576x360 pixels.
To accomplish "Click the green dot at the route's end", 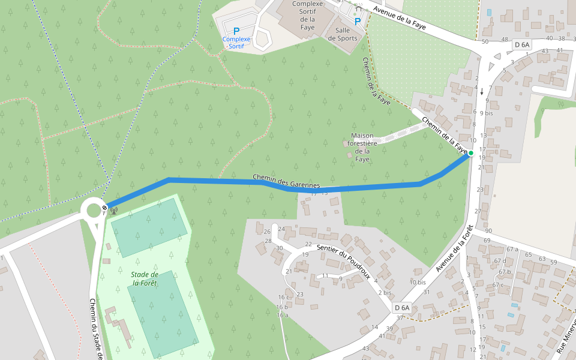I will (471, 154).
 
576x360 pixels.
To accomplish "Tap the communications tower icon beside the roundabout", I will (113, 211).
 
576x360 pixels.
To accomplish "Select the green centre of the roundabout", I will (94, 210).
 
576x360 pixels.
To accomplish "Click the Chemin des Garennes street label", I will (286, 181).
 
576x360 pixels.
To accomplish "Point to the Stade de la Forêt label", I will (145, 278).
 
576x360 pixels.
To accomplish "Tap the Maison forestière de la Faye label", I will (364, 147).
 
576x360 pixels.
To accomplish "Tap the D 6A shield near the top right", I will (522, 44).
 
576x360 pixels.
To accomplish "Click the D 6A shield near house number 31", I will (402, 308).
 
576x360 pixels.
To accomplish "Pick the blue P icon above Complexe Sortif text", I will (236, 31).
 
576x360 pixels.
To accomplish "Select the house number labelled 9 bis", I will (487, 113).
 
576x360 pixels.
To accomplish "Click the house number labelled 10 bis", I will (418, 281).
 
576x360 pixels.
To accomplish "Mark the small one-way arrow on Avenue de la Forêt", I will (482, 91).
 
